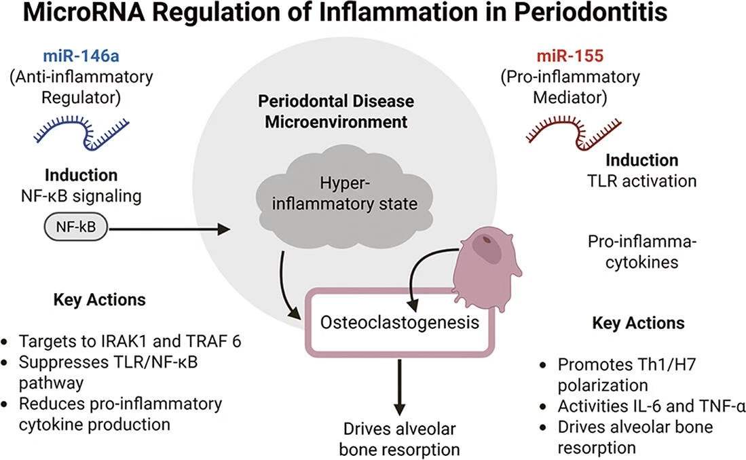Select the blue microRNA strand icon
coord(81,130)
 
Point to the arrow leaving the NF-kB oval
coord(170,230)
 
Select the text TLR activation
coord(641,181)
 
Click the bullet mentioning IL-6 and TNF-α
coord(650,407)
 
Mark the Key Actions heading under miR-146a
coord(99,300)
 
